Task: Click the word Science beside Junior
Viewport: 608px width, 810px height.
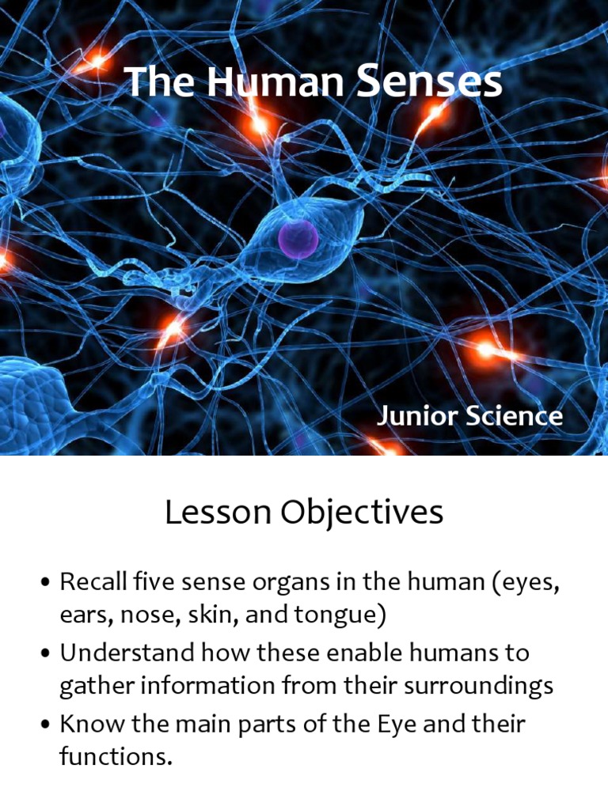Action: click(x=514, y=416)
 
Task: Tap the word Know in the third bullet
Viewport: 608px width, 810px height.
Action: click(x=85, y=724)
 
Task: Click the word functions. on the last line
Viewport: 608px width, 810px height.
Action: click(x=116, y=758)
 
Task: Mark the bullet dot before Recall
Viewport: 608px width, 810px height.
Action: click(x=45, y=585)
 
